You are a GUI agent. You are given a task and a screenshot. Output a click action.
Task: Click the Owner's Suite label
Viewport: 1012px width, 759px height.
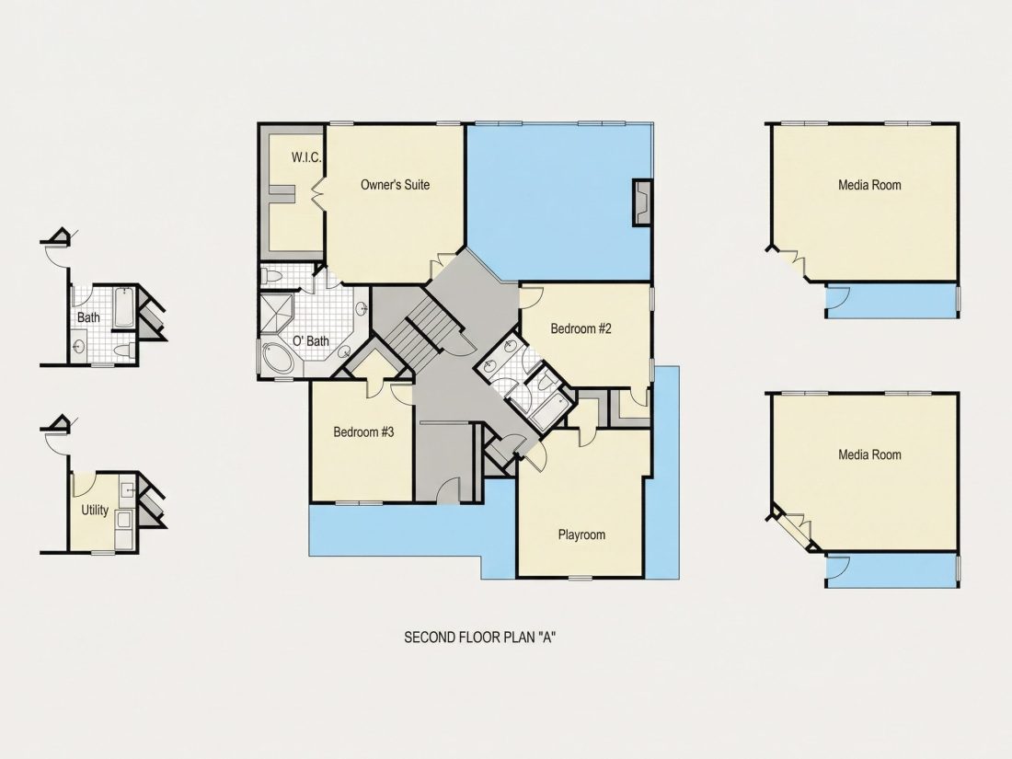click(395, 185)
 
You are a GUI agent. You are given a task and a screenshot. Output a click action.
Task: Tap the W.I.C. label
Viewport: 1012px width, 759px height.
click(306, 157)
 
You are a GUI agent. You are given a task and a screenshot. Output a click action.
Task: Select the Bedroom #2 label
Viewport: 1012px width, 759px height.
click(581, 328)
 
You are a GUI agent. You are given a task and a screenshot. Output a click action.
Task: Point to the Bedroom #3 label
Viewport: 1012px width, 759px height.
click(363, 431)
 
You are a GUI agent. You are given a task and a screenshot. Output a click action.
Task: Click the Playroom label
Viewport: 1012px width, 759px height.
click(581, 535)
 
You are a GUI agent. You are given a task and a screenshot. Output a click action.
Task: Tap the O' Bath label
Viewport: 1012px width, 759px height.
click(310, 340)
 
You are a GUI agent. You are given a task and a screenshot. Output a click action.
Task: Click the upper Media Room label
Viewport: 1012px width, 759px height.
click(869, 185)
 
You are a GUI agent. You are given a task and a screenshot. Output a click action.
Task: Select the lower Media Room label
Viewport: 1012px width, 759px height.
click(869, 454)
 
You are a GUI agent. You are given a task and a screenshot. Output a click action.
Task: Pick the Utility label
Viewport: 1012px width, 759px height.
click(95, 510)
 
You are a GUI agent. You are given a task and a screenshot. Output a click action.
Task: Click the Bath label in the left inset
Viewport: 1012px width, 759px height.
click(88, 317)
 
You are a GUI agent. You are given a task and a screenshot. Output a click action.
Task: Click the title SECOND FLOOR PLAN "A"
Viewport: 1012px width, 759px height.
click(480, 638)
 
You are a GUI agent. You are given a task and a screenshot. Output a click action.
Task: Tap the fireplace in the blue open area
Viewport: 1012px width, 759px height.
click(641, 202)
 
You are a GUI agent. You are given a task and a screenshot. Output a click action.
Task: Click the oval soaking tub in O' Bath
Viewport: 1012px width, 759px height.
click(278, 358)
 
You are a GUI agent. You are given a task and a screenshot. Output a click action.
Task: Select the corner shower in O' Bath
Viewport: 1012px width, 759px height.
click(276, 313)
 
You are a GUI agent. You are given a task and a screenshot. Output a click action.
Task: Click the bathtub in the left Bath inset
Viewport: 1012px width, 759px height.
click(123, 307)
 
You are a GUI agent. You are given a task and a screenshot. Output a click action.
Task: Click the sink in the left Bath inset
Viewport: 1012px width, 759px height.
click(79, 347)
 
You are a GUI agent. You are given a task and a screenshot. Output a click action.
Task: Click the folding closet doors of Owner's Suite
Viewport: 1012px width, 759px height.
click(318, 191)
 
